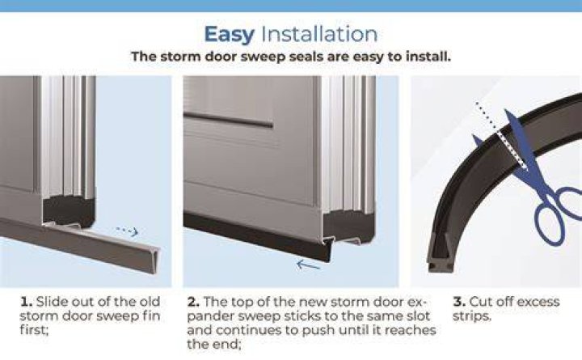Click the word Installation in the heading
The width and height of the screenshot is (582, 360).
[319, 34]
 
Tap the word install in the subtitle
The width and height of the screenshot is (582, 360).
[428, 57]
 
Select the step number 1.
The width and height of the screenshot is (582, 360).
[26, 301]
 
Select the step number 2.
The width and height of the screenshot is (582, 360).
[193, 301]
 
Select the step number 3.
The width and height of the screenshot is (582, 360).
[459, 301]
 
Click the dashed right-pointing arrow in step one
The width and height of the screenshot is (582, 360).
[128, 231]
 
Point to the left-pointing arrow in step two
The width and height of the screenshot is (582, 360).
[308, 265]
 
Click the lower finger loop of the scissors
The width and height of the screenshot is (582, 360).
[550, 225]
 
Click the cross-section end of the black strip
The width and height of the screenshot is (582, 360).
[441, 256]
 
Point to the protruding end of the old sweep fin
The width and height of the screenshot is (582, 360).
[151, 260]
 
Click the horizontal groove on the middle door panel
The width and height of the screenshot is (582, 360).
[229, 121]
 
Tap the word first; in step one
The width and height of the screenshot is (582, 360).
[34, 330]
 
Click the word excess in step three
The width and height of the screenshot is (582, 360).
[538, 302]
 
